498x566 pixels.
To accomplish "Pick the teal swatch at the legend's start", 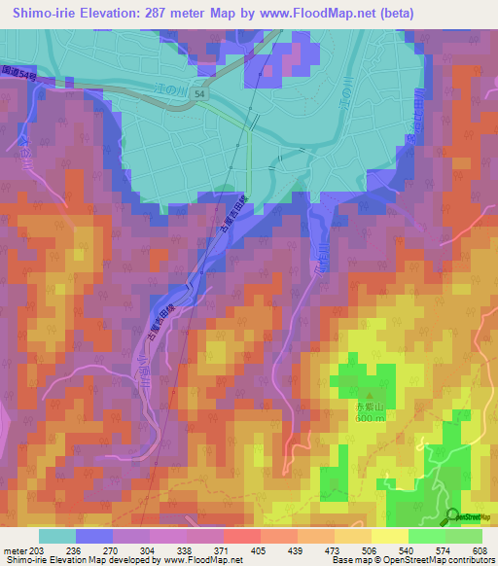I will coord(57,535).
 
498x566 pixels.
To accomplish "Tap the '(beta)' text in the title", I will coord(393,14).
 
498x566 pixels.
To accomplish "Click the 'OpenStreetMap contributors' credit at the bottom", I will coord(439,560).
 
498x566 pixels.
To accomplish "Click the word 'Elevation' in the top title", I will coord(103,14).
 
